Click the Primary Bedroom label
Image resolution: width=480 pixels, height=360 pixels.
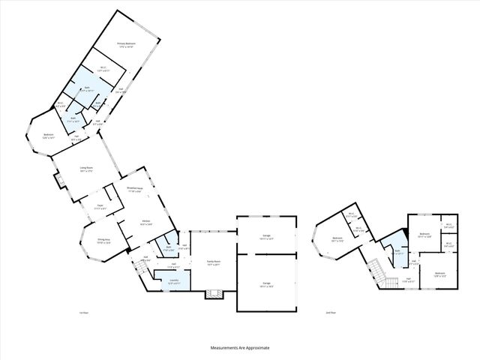(125, 46)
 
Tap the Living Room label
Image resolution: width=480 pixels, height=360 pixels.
(87, 169)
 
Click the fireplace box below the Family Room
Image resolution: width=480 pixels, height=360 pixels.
(214, 294)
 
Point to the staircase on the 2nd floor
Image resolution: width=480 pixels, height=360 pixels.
(389, 281)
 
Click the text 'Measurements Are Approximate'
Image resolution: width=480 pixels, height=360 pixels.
(239, 348)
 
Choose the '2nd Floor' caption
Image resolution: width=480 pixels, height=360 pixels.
(331, 312)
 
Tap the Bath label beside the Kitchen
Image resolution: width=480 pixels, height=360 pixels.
(169, 248)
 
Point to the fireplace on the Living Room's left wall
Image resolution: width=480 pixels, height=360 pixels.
(55, 181)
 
